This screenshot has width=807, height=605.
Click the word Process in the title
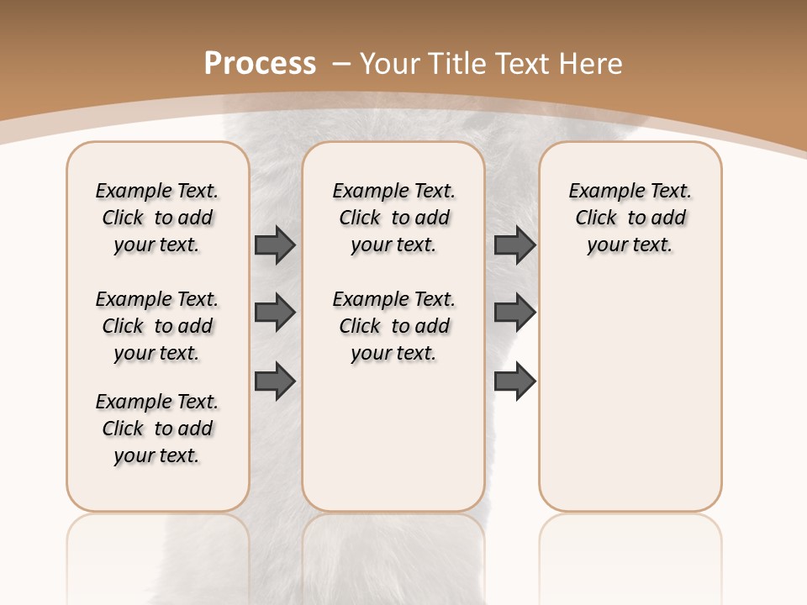pyautogui.click(x=260, y=63)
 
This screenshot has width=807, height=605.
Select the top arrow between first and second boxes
pyautogui.click(x=275, y=245)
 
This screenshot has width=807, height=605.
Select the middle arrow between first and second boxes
pyautogui.click(x=275, y=313)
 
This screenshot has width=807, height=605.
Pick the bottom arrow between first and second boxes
pyautogui.click(x=275, y=381)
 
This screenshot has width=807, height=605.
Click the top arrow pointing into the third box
pyautogui.click(x=514, y=245)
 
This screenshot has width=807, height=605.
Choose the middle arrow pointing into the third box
pyautogui.click(x=514, y=313)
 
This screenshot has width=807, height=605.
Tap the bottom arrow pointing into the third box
pyautogui.click(x=514, y=381)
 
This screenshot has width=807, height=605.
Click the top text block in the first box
pyautogui.click(x=157, y=218)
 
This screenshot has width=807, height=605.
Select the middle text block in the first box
pyautogui.click(x=157, y=326)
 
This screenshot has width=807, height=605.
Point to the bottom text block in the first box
pyautogui.click(x=157, y=429)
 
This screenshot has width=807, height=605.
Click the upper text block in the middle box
pyautogui.click(x=393, y=218)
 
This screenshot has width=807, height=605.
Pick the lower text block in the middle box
pyautogui.click(x=393, y=326)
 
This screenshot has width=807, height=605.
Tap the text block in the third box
pyautogui.click(x=630, y=218)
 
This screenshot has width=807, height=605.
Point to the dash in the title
pyautogui.click(x=342, y=63)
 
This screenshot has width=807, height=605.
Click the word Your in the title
pyautogui.click(x=390, y=63)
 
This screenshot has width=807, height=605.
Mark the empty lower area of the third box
pyautogui.click(x=630, y=395)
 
